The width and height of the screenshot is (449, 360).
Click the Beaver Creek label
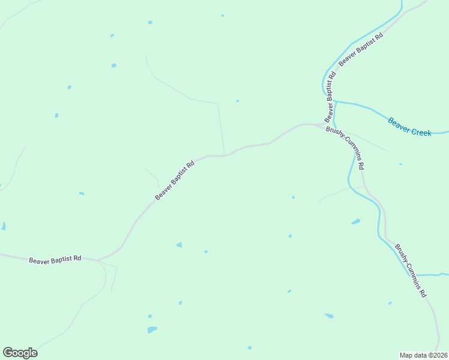click(x=409, y=127)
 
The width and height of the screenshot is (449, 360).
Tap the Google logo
click(x=20, y=353)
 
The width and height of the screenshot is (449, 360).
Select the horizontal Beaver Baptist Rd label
click(x=55, y=259)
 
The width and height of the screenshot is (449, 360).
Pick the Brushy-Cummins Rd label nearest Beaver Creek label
click(x=345, y=147)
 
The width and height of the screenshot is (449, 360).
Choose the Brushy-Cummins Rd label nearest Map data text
click(x=411, y=271)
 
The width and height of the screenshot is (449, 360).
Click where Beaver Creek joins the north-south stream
click(x=335, y=102)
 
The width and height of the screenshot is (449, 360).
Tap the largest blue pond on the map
click(x=152, y=329)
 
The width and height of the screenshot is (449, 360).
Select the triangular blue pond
click(x=178, y=244)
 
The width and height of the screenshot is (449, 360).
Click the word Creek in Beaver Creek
click(x=421, y=131)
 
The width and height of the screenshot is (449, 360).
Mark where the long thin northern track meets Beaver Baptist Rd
click(x=224, y=155)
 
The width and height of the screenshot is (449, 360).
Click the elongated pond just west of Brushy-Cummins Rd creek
click(x=356, y=221)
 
